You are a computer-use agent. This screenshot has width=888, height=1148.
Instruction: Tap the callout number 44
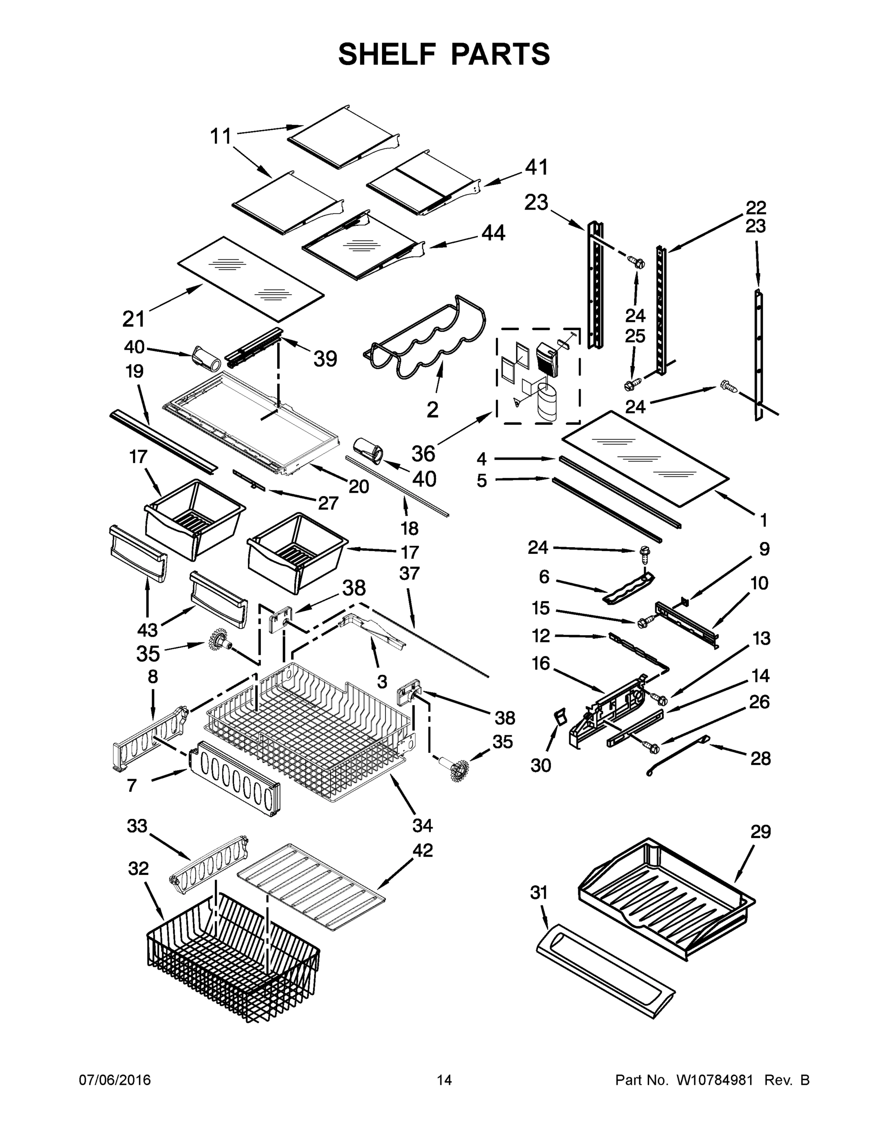493,233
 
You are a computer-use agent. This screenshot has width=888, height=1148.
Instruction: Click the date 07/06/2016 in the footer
115,1080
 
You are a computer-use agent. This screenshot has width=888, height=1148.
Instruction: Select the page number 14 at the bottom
444,1080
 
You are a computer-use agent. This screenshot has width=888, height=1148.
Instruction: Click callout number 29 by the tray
760,832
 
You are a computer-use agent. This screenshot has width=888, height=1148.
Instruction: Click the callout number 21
134,319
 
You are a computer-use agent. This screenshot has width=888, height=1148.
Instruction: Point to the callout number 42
422,850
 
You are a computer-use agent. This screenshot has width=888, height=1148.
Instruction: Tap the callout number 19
134,372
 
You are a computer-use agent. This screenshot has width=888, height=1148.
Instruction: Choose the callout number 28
760,758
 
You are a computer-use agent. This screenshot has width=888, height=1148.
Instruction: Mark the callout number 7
132,786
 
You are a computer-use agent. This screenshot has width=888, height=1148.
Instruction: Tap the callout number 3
382,682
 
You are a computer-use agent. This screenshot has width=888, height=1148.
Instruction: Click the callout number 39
325,359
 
